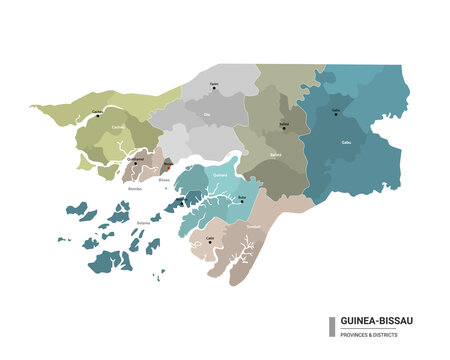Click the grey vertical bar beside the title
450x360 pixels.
331,327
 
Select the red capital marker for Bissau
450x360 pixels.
168,167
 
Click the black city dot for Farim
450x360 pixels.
214,89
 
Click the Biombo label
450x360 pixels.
136,187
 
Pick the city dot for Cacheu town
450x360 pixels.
97,115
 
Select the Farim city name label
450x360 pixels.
214,84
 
